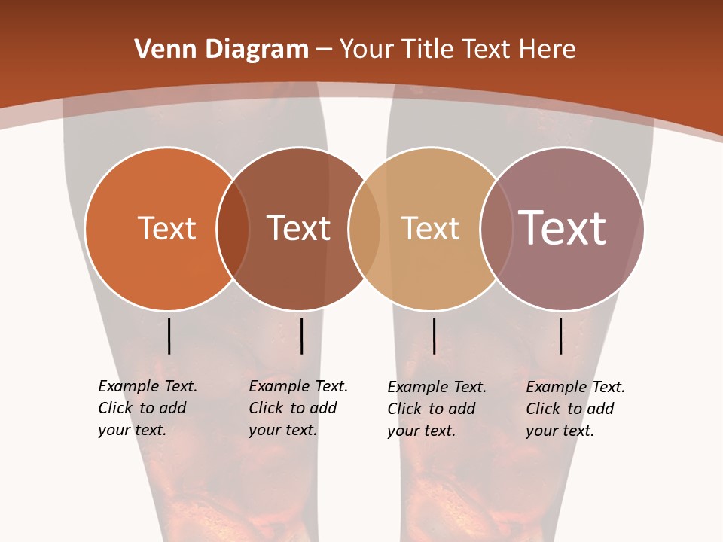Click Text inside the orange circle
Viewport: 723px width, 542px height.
(x=166, y=228)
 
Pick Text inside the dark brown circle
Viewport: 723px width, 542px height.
(x=299, y=228)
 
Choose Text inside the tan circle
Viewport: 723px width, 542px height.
(x=430, y=228)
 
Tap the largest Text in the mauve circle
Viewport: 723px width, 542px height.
(x=562, y=228)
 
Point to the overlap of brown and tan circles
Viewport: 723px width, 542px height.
(x=365, y=229)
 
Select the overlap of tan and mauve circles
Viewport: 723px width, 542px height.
(x=496, y=229)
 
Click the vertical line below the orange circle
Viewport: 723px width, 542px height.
(x=169, y=336)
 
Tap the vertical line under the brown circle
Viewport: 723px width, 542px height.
(x=301, y=336)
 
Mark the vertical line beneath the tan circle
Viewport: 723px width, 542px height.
(x=434, y=336)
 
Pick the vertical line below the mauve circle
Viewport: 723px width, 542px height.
(x=560, y=336)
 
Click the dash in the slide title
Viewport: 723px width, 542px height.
(x=324, y=50)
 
